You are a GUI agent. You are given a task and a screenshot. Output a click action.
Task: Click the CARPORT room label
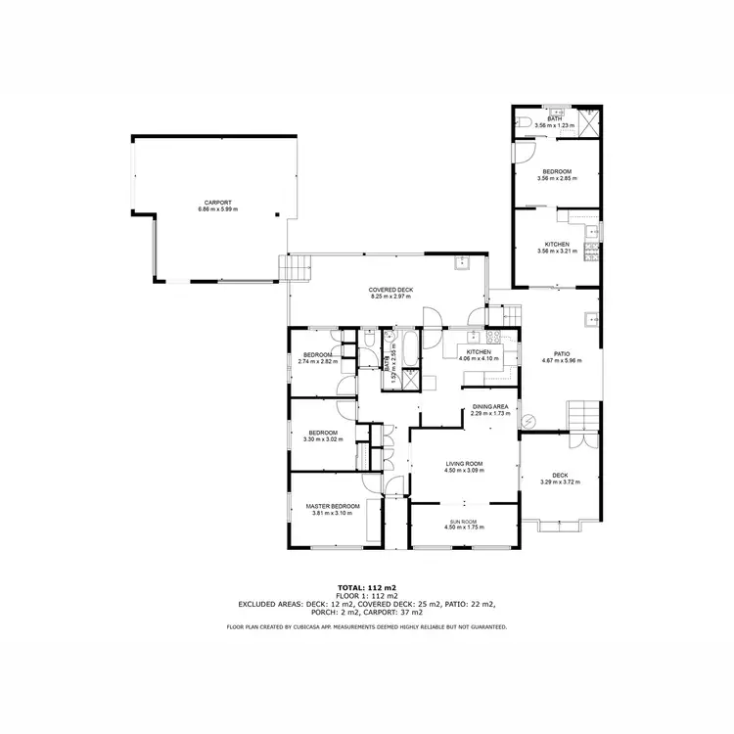click(217, 203)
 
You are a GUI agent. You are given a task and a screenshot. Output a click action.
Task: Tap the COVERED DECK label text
click(388, 290)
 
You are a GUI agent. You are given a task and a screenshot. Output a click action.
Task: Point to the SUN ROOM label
click(465, 522)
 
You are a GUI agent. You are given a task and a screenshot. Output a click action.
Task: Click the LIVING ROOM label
click(465, 464)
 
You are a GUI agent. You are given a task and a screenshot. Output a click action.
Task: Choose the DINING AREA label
click(489, 406)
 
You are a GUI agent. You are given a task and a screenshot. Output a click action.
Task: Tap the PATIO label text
click(561, 353)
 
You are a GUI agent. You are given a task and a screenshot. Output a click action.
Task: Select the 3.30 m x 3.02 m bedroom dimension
click(323, 439)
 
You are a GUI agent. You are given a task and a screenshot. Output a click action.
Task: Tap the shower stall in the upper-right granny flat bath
click(590, 121)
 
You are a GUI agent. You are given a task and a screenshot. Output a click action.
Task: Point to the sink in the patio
click(590, 319)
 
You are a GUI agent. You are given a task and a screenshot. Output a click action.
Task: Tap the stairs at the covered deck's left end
click(297, 266)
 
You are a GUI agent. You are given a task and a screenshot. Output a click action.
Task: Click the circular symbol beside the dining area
click(529, 421)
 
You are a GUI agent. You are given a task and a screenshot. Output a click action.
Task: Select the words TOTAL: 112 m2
click(366, 587)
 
